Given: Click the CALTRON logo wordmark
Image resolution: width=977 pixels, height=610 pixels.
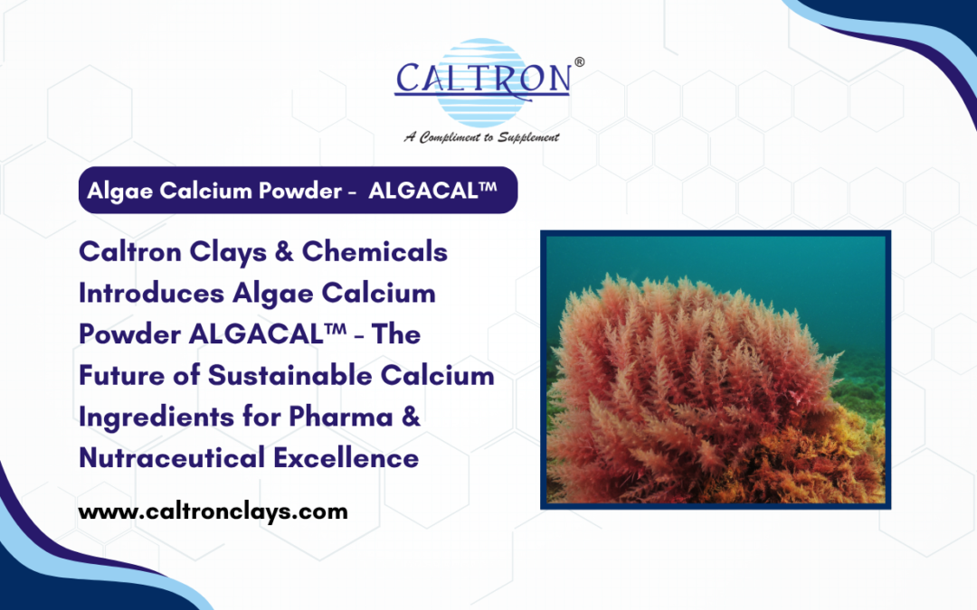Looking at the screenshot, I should [482, 79].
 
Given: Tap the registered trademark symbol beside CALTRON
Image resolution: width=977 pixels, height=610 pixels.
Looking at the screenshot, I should [579, 62].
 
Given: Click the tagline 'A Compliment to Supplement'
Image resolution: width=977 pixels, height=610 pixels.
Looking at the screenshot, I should [481, 137].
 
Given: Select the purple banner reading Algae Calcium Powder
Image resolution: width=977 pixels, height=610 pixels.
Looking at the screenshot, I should [298, 190].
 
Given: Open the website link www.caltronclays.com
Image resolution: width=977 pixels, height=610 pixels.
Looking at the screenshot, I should [213, 511].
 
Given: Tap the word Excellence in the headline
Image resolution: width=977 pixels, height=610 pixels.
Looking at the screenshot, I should [346, 457].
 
